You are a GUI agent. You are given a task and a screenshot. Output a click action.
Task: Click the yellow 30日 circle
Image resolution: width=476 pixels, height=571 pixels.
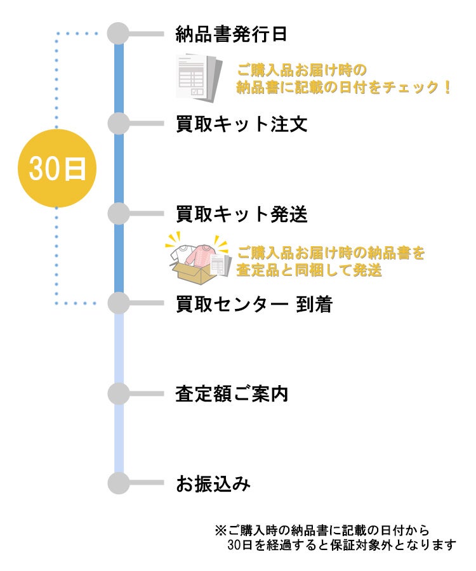(x=56, y=169)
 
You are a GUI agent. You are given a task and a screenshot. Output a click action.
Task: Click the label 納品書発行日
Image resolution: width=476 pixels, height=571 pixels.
(x=231, y=34)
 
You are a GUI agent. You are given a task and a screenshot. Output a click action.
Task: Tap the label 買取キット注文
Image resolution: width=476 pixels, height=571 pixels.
(x=241, y=124)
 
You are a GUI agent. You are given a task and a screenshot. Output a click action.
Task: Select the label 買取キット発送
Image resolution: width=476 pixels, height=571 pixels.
(x=241, y=214)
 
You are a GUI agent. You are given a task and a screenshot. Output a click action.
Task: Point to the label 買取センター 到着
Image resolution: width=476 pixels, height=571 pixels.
(x=254, y=305)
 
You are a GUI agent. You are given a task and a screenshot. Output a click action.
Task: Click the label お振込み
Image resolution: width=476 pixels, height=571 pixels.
(x=213, y=485)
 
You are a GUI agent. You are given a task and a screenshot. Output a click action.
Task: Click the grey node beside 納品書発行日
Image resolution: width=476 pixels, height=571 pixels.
(x=118, y=34)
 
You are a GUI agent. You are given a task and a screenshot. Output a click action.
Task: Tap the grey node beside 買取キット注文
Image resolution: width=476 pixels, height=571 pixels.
(x=118, y=124)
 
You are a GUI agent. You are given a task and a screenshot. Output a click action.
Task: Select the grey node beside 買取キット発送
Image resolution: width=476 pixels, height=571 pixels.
(x=118, y=214)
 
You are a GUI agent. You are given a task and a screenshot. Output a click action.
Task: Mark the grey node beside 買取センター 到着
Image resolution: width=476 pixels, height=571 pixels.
(x=118, y=304)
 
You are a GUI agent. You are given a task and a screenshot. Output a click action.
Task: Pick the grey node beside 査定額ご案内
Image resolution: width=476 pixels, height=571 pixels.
(x=118, y=394)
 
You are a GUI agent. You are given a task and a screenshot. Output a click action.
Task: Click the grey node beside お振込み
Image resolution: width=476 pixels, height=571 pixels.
(x=118, y=484)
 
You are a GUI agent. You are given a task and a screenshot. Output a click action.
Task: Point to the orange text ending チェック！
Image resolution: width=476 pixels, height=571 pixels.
(x=343, y=88)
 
